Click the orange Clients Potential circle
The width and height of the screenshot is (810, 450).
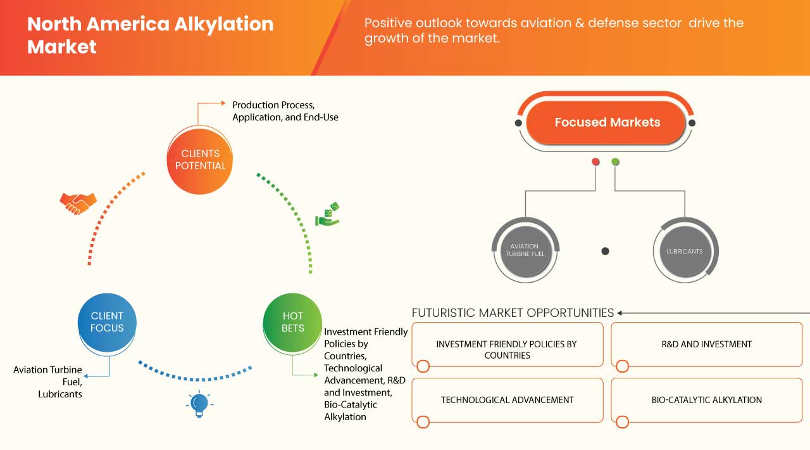coord(199,160)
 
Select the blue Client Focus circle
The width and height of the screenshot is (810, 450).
coord(107,322)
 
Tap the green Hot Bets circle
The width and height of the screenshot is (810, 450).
coord(292,322)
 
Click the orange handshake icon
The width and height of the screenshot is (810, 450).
coord(78,203)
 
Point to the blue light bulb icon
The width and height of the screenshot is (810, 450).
coord(199,404)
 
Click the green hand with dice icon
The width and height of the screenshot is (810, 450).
coord(328,214)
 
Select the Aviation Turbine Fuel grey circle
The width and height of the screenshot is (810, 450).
coord(525,250)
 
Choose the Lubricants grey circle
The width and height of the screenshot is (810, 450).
coord(684,251)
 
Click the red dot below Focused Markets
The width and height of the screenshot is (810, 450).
coord(595,162)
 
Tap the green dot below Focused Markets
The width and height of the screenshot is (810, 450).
coord(615,162)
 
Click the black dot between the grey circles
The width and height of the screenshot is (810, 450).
coord(605,251)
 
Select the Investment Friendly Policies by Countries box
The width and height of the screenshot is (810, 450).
coord(507,345)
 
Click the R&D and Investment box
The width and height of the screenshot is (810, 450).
coord(706,345)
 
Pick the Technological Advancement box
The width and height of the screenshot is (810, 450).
coord(507,400)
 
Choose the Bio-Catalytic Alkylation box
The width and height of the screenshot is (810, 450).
coord(706,400)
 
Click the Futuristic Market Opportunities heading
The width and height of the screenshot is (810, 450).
coord(513,312)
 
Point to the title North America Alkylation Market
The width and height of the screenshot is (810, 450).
coord(150,35)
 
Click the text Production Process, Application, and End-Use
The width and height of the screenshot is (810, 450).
coord(285,111)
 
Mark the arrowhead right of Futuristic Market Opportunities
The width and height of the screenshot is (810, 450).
coord(620,312)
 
